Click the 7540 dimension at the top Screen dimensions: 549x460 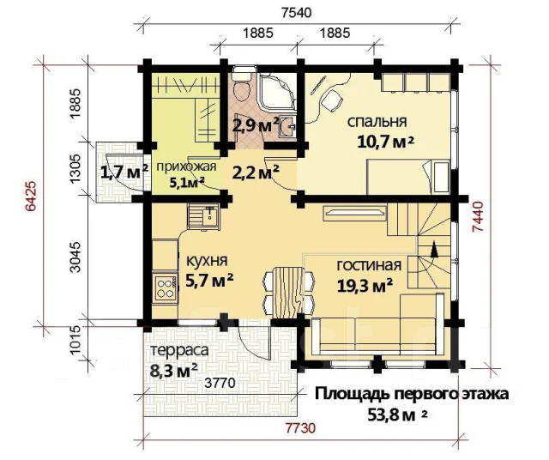pyautogui.click(x=296, y=13)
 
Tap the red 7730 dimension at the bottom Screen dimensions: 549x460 pyautogui.click(x=299, y=428)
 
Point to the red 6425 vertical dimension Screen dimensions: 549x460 pyautogui.click(x=31, y=196)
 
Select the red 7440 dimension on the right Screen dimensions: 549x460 pyautogui.click(x=477, y=216)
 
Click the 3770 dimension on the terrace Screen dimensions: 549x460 pyautogui.click(x=220, y=383)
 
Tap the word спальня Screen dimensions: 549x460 pyautogui.click(x=377, y=122)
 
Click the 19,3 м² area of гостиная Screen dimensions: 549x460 pyautogui.click(x=364, y=286)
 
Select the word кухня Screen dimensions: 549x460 pyautogui.click(x=207, y=261)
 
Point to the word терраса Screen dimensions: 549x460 pyautogui.click(x=179, y=350)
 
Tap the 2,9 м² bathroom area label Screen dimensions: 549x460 pyautogui.click(x=256, y=124)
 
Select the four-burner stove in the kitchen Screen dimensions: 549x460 pyautogui.click(x=166, y=287)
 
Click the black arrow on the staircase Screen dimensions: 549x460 pyautogui.click(x=434, y=249)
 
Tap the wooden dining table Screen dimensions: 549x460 pyautogui.click(x=288, y=290)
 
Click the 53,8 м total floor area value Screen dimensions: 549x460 pyautogui.click(x=397, y=415)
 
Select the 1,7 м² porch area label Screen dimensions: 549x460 pyautogui.click(x=124, y=172)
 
